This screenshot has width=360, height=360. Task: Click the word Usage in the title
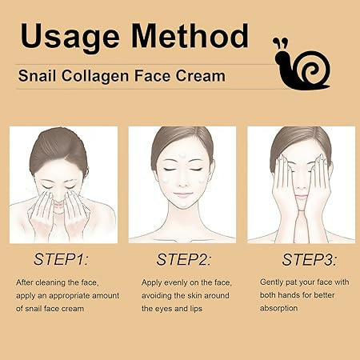70,37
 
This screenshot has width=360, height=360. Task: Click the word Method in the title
190,36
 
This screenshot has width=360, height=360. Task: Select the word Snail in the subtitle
37,75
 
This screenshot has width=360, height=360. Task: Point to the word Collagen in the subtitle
95,77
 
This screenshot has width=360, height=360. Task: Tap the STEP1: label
61,259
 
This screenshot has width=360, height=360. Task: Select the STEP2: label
183,259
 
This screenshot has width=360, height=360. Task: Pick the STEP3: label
309,259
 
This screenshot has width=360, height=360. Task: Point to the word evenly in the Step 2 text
175,282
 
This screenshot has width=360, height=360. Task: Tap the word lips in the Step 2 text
196,309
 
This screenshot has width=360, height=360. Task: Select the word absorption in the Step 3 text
278,308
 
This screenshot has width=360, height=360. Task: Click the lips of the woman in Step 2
182,195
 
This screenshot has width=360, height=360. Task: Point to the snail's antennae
280,43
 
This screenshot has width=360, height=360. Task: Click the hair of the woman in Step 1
59,150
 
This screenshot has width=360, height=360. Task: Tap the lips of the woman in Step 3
302,198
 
